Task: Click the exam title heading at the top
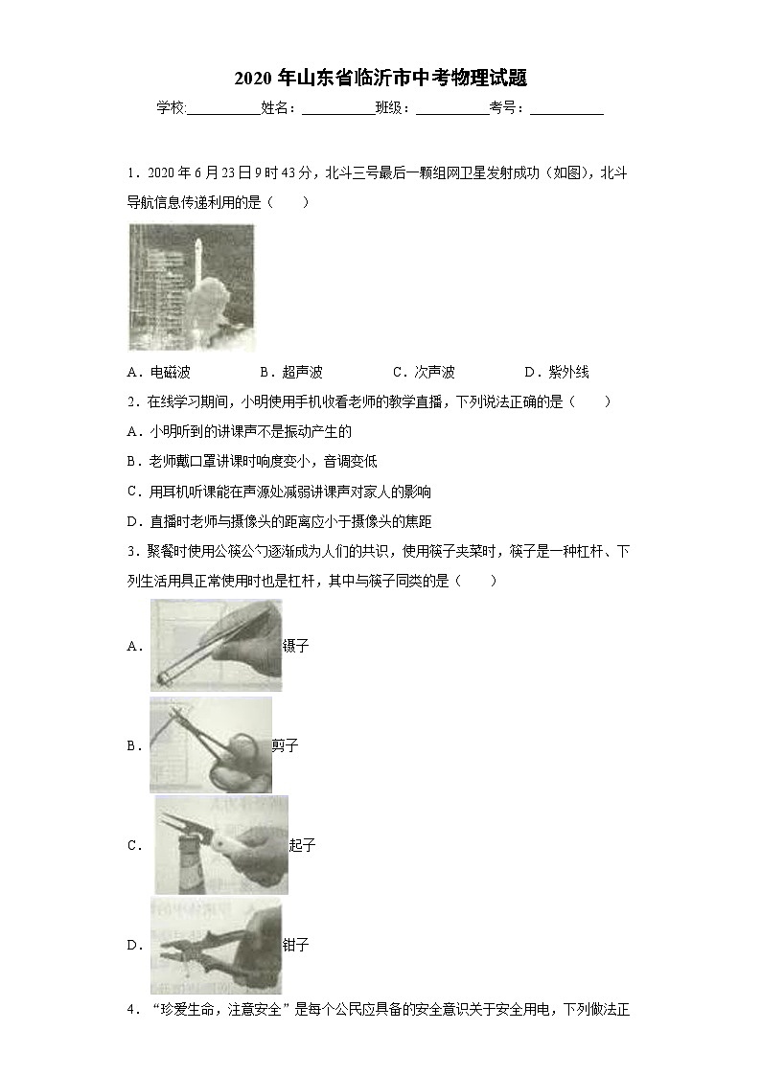coord(380,78)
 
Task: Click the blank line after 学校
coord(223,109)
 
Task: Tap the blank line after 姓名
coord(338,109)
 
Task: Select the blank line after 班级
coord(452,109)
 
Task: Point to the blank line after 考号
coord(566,109)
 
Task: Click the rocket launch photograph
coord(192,287)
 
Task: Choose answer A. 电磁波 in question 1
coord(158,373)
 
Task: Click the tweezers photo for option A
coord(216,645)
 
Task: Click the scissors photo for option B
coord(210,744)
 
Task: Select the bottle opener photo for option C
coord(220,844)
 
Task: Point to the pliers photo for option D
coord(216,945)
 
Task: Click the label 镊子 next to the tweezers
coord(296,646)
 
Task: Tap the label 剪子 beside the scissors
coord(286,745)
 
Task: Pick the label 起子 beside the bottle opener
coord(302,845)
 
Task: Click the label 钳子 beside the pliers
coord(296,946)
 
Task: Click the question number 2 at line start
coord(131,402)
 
